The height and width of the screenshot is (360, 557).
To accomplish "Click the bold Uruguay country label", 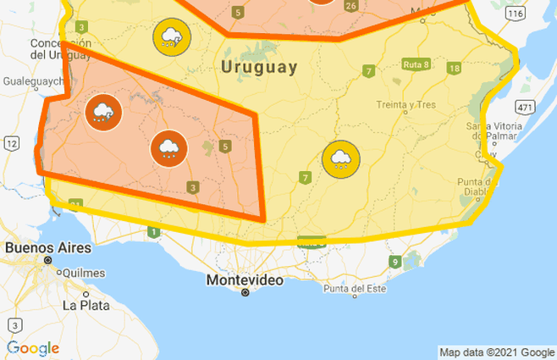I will click(259, 67).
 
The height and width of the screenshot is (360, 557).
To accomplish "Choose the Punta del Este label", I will click(354, 289).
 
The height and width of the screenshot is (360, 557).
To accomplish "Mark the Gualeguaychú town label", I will click(34, 81).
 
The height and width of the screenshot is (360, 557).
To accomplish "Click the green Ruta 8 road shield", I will click(416, 64).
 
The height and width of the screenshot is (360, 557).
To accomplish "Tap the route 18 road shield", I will click(455, 69).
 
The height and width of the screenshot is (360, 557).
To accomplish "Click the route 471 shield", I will click(526, 107).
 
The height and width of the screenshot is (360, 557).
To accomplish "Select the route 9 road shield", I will click(395, 262).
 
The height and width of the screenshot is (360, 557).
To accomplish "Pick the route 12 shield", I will click(12, 144).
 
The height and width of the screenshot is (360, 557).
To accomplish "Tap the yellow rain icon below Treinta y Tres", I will click(341, 158).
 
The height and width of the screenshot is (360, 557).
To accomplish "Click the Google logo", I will click(33, 348).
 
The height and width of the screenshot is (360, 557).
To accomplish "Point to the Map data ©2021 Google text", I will click(496, 352).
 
